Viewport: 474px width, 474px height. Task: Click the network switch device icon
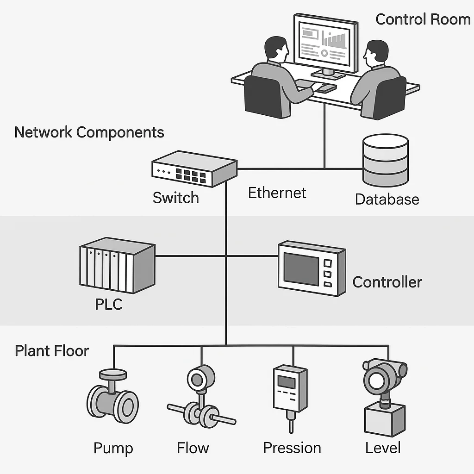194,169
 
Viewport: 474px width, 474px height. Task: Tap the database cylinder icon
386,160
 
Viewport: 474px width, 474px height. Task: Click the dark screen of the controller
301,268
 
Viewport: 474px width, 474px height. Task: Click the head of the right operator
376,54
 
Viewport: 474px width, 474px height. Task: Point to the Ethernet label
277,193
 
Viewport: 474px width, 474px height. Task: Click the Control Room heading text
423,19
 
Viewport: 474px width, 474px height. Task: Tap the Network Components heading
89,132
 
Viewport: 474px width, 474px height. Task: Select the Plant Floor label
51,350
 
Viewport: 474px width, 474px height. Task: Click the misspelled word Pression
292,448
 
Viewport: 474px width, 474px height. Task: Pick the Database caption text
387,199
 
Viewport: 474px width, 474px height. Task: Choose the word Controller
387,282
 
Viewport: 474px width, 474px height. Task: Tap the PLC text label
109,305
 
